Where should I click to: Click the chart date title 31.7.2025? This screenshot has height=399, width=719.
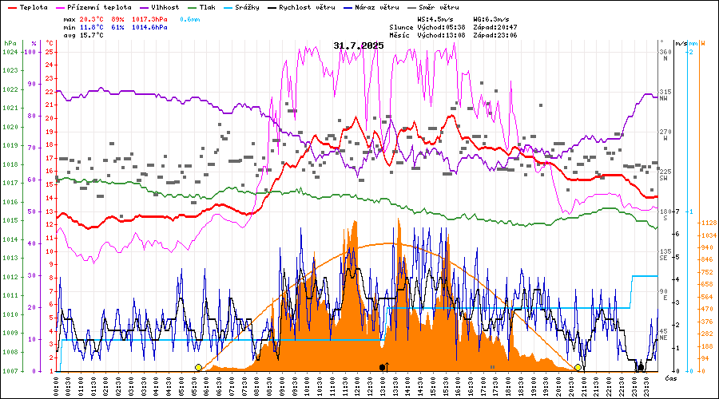point(359,45)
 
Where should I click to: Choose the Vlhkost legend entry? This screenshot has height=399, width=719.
point(169,6)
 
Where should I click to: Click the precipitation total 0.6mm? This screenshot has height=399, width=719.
point(190,18)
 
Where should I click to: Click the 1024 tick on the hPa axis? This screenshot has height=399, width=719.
point(10,52)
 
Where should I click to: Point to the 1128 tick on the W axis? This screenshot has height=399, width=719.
point(707,223)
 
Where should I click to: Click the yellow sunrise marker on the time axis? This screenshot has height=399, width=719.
point(198,367)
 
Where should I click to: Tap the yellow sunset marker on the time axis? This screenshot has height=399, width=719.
point(578,367)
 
